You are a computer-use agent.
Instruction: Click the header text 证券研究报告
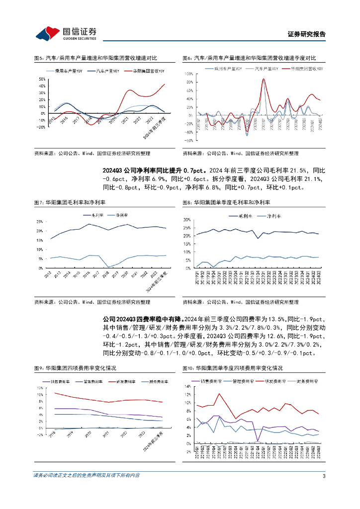307,34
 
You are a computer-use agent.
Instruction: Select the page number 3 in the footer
324,475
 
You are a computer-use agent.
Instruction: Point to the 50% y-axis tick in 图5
41,79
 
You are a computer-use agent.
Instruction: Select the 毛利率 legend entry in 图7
96,216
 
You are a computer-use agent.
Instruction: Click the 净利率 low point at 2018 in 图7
108,267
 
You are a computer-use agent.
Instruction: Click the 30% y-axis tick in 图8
188,219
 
